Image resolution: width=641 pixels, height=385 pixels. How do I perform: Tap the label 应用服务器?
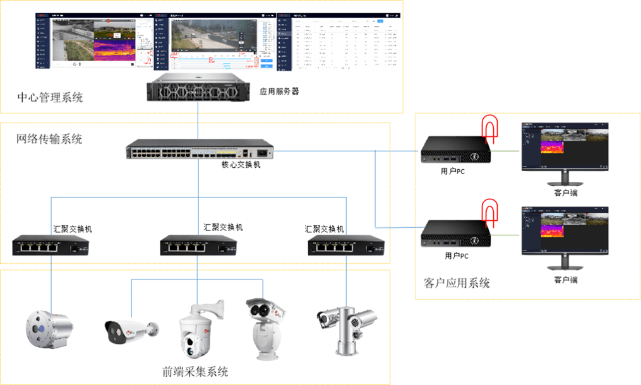[x=279, y=92]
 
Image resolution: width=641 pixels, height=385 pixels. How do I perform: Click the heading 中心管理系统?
[x=50, y=98]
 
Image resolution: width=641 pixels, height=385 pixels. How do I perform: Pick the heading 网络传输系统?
[x=49, y=139]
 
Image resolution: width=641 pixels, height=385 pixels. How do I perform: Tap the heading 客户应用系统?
[x=456, y=283]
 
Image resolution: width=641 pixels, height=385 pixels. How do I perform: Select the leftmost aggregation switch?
[x=51, y=245]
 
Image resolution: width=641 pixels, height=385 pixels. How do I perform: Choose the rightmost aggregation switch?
[x=346, y=245]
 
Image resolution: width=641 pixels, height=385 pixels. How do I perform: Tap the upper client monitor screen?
[x=564, y=146]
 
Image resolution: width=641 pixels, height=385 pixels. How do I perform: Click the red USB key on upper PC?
[x=490, y=126]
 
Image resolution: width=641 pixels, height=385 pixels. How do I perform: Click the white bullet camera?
[x=129, y=329]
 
